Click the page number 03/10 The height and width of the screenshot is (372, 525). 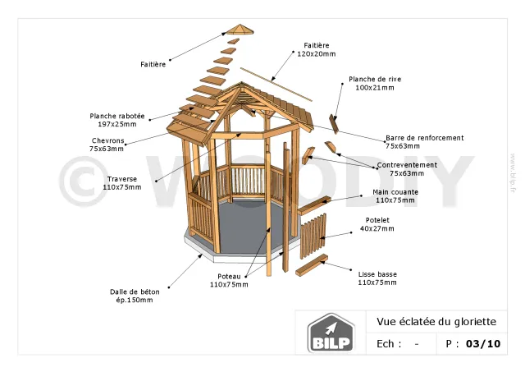point(482,343)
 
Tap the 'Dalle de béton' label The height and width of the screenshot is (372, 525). point(135,295)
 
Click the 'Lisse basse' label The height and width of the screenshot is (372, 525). point(377,278)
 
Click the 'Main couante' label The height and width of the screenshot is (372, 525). point(395,195)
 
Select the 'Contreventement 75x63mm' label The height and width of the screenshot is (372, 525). point(407,169)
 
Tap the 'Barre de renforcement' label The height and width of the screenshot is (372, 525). point(424,142)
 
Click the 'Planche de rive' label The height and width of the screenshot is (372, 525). point(375,83)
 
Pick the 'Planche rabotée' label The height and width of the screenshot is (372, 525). point(117,120)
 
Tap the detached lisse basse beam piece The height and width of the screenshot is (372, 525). point(312,265)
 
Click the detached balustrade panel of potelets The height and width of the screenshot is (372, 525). point(313,236)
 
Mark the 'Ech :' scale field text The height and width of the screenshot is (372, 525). point(389,344)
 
